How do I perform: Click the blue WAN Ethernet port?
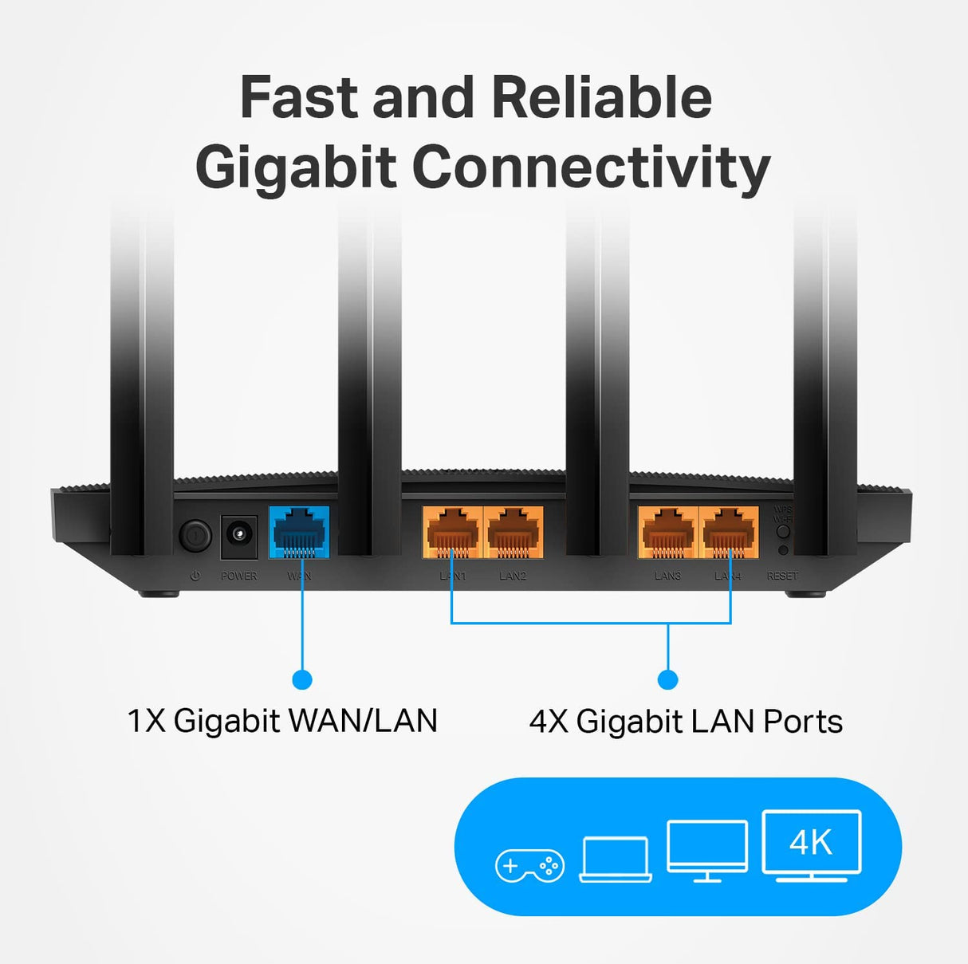point(299,532)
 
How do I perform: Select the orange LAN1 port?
point(452,532)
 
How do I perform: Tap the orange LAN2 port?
point(513,532)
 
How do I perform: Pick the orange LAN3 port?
point(668,532)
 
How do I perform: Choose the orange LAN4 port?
point(728,532)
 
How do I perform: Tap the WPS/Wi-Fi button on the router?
point(783,531)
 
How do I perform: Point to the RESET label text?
point(782,576)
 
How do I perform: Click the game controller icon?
point(529,865)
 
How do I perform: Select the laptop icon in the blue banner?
point(616,860)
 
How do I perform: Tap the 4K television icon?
point(812,845)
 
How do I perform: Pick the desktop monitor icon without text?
point(707,850)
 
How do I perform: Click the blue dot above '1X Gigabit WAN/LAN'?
point(302,679)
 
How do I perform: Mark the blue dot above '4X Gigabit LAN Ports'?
point(668,679)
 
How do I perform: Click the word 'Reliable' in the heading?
point(601,98)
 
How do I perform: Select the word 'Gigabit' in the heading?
point(296,167)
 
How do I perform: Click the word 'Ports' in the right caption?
point(803,722)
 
